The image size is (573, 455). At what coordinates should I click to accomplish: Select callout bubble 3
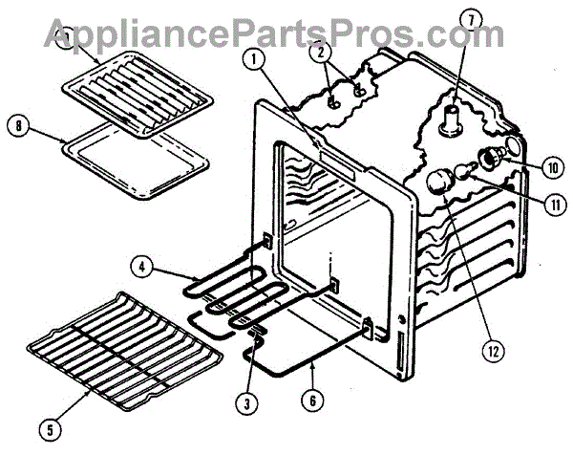click(x=246, y=403)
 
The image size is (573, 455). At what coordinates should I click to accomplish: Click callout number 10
click(x=551, y=166)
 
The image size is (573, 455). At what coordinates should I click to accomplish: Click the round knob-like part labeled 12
click(x=440, y=182)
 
